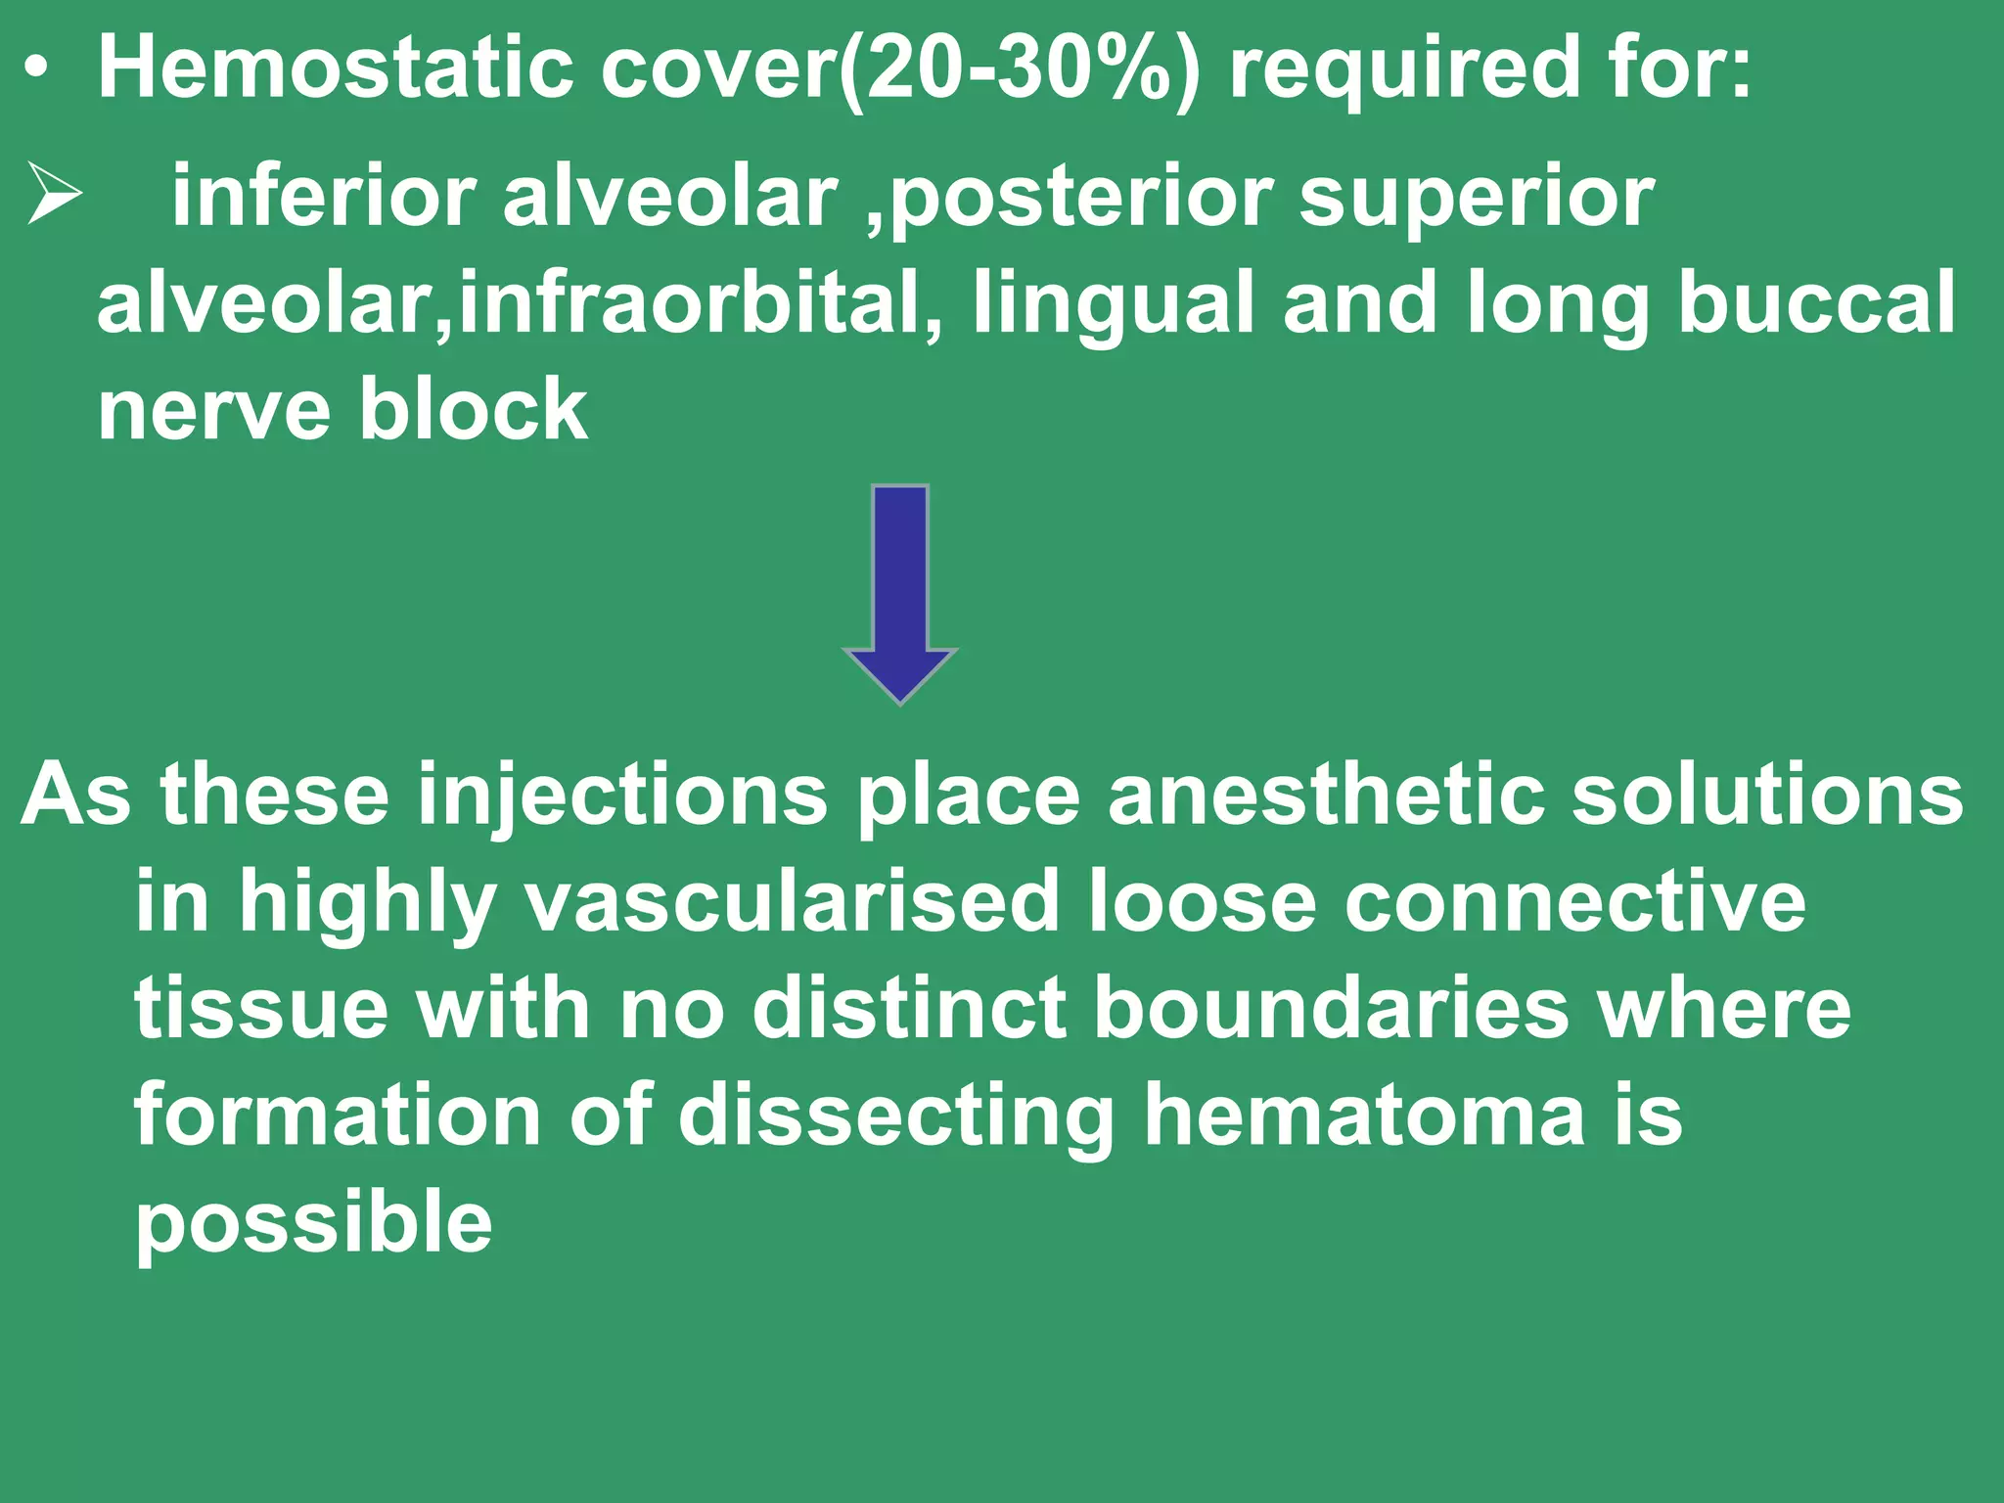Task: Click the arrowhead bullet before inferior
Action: [x=55, y=194]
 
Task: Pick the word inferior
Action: [x=324, y=197]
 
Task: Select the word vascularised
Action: [x=793, y=902]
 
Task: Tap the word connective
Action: [x=1574, y=902]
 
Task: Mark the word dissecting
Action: [x=895, y=1117]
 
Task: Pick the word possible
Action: [x=313, y=1225]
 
